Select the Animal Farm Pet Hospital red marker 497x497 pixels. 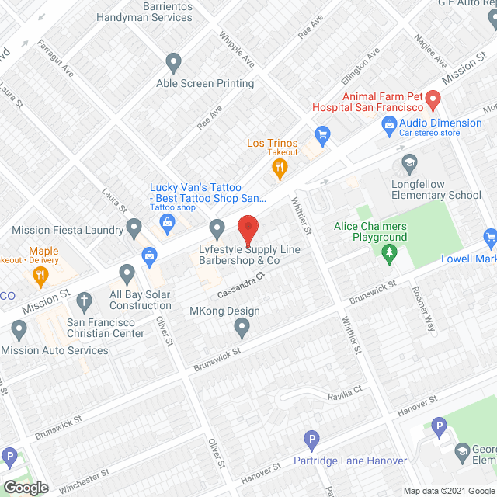[433, 100]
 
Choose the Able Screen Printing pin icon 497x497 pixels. [174, 61]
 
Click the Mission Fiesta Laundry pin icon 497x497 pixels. [134, 228]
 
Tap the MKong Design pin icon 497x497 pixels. [242, 329]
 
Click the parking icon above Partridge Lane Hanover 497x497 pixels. [311, 440]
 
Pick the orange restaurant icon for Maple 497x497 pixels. [38, 274]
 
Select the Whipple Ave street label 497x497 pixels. [236, 49]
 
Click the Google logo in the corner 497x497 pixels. [25, 488]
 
